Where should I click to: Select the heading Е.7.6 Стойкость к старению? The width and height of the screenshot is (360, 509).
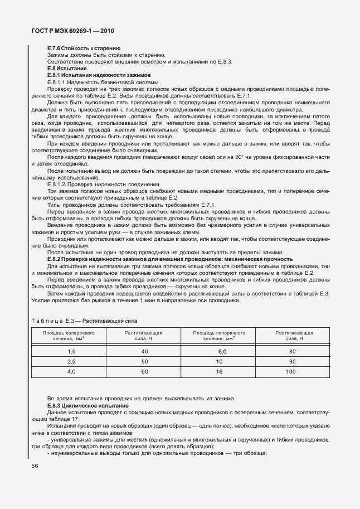(84, 49)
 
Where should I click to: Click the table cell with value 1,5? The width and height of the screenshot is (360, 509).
(71, 352)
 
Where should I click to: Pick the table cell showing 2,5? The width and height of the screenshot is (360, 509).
(71, 362)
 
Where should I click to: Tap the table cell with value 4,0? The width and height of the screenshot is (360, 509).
(71, 371)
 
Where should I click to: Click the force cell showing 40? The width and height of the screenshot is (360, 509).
(144, 352)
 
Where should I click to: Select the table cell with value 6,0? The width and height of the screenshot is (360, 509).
(222, 352)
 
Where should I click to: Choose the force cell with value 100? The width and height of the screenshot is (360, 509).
(291, 371)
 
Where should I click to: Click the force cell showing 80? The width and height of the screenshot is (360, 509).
(291, 352)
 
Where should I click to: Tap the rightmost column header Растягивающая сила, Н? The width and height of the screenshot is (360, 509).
(294, 335)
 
